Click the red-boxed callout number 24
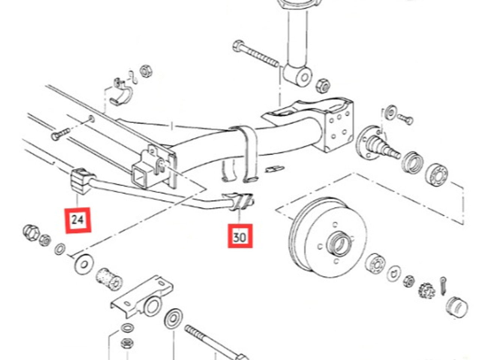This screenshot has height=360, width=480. pyautogui.click(x=78, y=220)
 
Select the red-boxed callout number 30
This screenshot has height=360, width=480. pyautogui.click(x=240, y=236)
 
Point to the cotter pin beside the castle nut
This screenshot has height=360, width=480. pyautogui.click(x=443, y=286)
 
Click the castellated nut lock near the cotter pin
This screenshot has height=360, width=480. pyautogui.click(x=426, y=290)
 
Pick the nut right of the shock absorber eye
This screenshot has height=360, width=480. pyautogui.click(x=323, y=86)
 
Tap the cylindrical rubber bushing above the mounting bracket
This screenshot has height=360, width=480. pyautogui.click(x=109, y=279)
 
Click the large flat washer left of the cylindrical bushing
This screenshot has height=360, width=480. pyautogui.click(x=84, y=264)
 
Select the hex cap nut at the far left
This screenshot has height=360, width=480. pyautogui.click(x=31, y=233)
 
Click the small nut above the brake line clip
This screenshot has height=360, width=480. pyautogui.click(x=146, y=71)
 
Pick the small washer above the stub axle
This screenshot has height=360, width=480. pyautogui.click(x=391, y=112)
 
